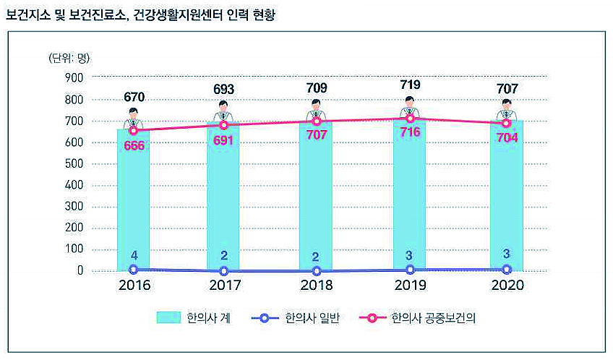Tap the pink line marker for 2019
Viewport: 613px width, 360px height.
point(411,118)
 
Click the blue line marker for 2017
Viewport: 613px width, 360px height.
point(225,271)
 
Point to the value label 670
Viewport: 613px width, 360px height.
point(134,97)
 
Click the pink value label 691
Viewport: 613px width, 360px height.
point(225,141)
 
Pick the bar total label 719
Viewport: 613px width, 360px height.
point(410,85)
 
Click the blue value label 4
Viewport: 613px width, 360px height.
point(133,255)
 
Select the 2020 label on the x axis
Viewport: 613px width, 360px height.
point(507,286)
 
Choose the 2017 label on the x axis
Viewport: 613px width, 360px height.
point(225,286)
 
